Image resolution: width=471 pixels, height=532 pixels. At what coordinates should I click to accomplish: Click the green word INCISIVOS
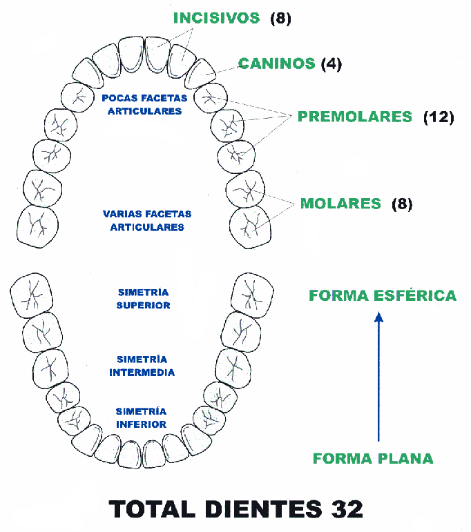click(216, 18)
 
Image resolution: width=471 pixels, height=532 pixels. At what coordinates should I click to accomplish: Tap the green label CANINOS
click(276, 64)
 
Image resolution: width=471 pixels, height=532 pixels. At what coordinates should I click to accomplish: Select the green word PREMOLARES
click(354, 117)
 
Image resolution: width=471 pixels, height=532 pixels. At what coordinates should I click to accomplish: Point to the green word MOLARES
click(340, 204)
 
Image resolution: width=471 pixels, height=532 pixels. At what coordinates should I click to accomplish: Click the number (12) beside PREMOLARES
click(438, 117)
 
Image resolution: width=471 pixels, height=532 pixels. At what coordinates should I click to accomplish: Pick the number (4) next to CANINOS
click(331, 64)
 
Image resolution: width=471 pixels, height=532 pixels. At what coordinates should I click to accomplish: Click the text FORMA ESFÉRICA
click(383, 295)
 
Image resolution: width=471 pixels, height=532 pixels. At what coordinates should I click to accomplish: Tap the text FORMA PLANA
click(373, 458)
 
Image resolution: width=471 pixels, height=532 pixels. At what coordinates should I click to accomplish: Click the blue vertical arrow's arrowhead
click(378, 317)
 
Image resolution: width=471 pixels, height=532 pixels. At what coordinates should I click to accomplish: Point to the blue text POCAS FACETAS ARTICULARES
click(144, 104)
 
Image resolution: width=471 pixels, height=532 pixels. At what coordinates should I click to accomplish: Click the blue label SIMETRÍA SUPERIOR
click(143, 299)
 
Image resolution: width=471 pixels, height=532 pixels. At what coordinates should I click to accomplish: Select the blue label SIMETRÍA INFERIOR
click(142, 417)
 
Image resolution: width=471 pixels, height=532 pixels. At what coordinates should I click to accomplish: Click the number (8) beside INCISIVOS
click(281, 19)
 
